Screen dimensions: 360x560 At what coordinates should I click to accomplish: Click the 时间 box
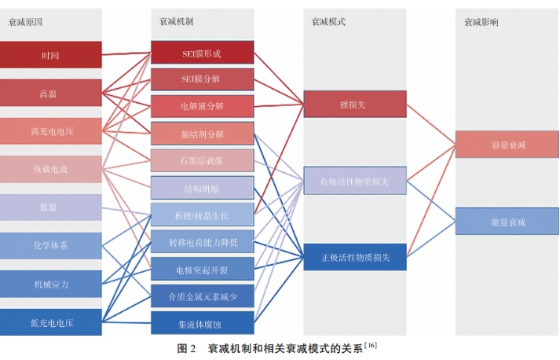51,55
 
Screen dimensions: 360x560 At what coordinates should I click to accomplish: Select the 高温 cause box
51,93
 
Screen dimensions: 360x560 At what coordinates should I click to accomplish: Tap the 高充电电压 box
51,131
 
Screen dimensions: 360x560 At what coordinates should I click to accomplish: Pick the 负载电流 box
51,169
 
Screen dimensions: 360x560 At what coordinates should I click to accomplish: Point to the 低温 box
51,208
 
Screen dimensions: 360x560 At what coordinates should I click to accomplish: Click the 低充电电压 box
51,322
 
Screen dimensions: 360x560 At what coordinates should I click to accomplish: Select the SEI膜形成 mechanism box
202,53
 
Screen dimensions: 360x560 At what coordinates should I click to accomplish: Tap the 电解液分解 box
202,106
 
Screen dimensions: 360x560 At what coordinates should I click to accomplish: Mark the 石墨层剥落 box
202,160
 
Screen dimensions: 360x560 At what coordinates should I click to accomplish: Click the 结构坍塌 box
202,188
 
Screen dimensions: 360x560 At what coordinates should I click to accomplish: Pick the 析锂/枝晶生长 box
202,215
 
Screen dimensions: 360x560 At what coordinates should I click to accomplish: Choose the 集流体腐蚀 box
202,322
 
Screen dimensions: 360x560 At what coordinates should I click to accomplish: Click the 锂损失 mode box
355,104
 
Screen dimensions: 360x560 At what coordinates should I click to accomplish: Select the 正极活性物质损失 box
355,257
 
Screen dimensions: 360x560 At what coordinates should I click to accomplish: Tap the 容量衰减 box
507,145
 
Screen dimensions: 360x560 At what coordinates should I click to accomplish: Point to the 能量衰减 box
507,222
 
